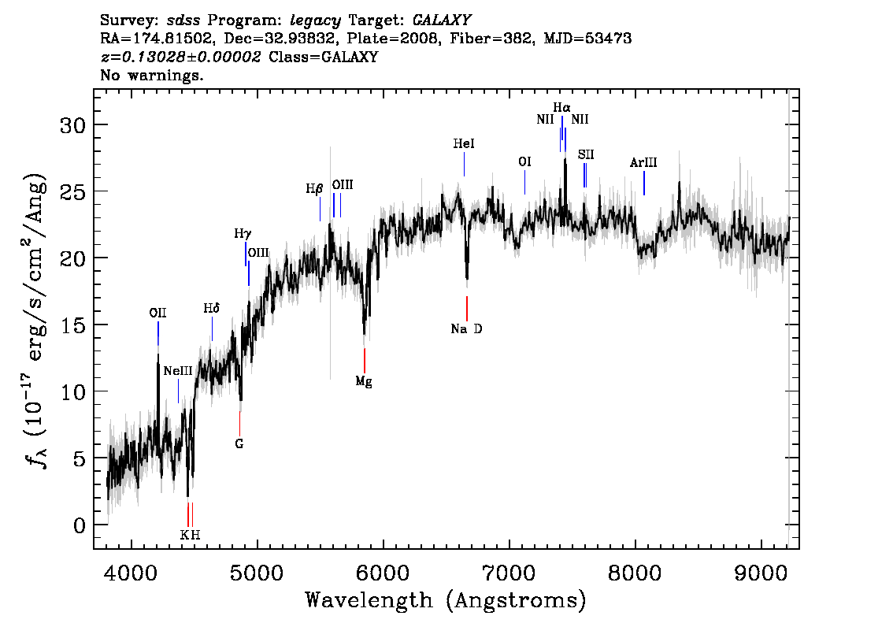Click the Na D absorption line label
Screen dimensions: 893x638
(466, 328)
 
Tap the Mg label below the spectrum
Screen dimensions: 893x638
(364, 381)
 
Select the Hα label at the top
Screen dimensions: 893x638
(561, 107)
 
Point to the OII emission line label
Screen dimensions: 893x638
(157, 313)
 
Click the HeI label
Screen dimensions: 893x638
(464, 143)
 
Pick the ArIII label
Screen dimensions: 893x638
(643, 162)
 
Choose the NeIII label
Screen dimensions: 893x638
(178, 371)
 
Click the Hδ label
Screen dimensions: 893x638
(211, 308)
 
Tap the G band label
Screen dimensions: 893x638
(239, 443)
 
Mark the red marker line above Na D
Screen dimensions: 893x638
(467, 309)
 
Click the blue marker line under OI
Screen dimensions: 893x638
(524, 182)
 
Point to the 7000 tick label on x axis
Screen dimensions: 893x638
(509, 573)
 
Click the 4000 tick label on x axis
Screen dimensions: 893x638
(132, 573)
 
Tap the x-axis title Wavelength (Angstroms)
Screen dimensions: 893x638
(446, 600)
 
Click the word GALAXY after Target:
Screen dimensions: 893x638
(441, 20)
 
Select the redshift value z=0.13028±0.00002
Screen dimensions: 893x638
(180, 57)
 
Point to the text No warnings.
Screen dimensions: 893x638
(151, 75)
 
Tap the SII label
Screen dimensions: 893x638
(585, 154)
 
